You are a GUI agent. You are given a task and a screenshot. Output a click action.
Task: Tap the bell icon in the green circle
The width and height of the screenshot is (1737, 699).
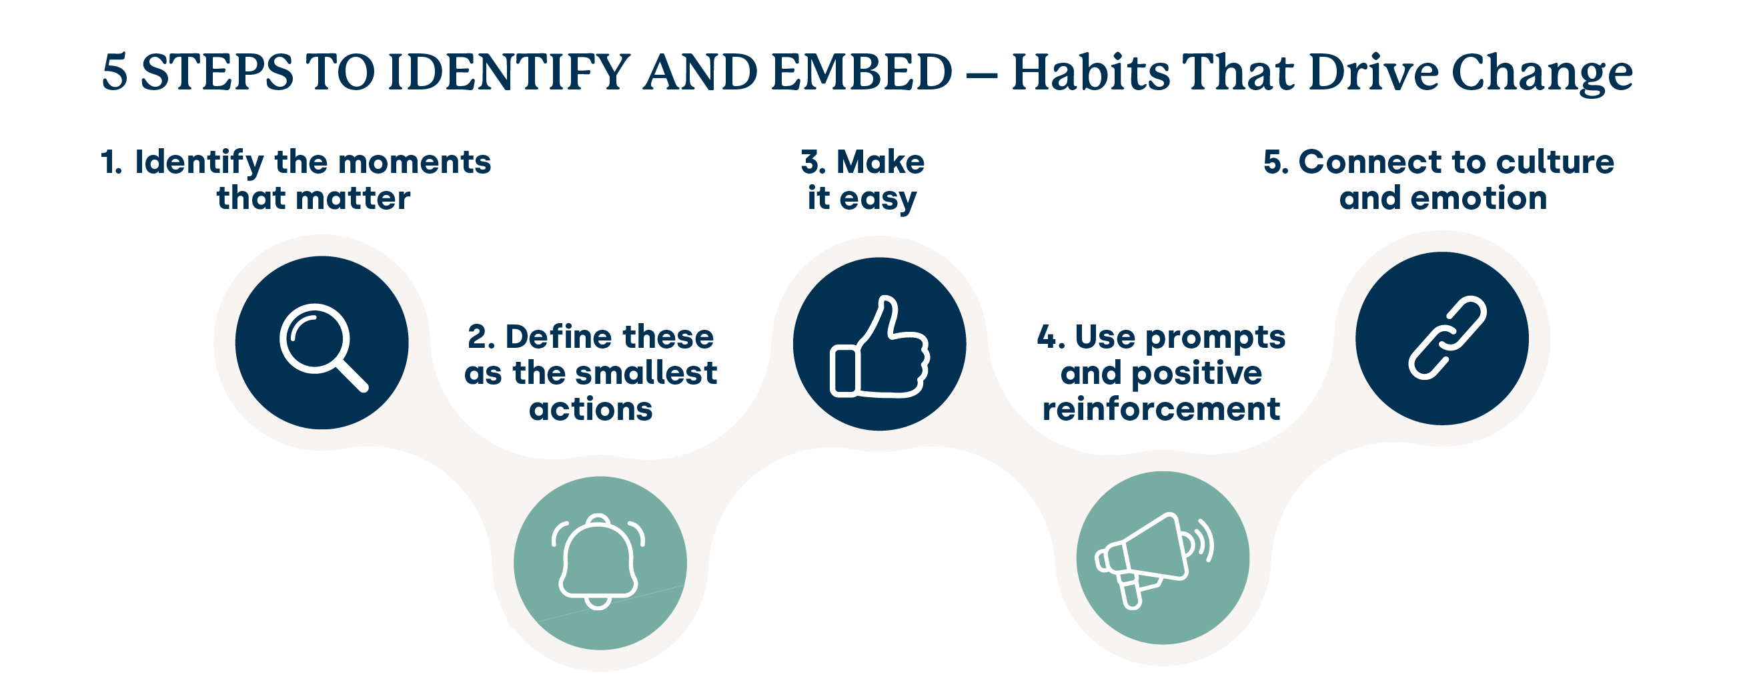click(598, 561)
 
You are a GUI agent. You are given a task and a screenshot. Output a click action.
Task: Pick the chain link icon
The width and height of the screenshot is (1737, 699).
click(1447, 337)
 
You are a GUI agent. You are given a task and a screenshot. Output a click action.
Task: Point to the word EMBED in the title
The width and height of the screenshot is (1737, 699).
click(861, 72)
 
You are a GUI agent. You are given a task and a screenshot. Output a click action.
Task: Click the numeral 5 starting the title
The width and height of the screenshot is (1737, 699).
click(115, 72)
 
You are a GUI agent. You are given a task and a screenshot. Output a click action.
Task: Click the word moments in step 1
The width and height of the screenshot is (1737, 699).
click(414, 163)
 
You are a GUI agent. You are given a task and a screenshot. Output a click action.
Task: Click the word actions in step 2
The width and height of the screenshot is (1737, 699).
click(591, 409)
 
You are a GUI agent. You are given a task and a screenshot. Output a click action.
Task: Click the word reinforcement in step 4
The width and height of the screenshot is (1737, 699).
click(1161, 409)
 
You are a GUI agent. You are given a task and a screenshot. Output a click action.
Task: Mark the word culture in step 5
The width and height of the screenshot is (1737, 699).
click(1555, 163)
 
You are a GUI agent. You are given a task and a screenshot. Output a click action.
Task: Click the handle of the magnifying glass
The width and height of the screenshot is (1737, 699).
click(352, 375)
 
